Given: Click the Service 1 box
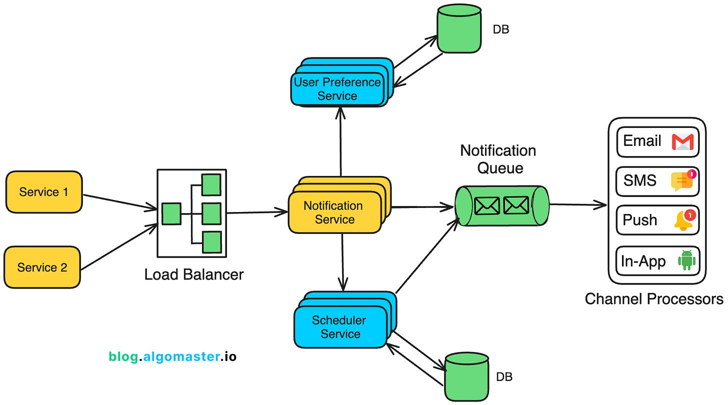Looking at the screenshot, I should [44, 192].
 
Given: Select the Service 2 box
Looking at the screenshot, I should [42, 267].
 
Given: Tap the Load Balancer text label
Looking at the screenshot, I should [193, 274].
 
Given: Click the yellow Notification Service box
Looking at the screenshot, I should [333, 212].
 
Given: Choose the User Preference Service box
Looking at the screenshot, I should [337, 89].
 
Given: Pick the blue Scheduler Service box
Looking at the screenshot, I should [339, 327].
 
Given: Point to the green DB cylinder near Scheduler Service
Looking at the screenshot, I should [465, 376].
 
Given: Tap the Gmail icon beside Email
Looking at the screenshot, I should [682, 142].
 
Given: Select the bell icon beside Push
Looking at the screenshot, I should [683, 220].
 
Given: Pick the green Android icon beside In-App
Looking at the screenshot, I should [686, 260].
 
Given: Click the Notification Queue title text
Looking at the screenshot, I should [498, 159].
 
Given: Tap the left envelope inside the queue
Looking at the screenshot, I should [486, 205].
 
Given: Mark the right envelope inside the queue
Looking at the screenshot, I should [516, 205].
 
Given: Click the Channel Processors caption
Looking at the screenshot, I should [653, 299].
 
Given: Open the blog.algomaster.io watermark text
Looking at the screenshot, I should [172, 356].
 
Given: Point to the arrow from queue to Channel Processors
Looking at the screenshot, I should [577, 204].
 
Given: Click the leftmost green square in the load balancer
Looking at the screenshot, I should [171, 213].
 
